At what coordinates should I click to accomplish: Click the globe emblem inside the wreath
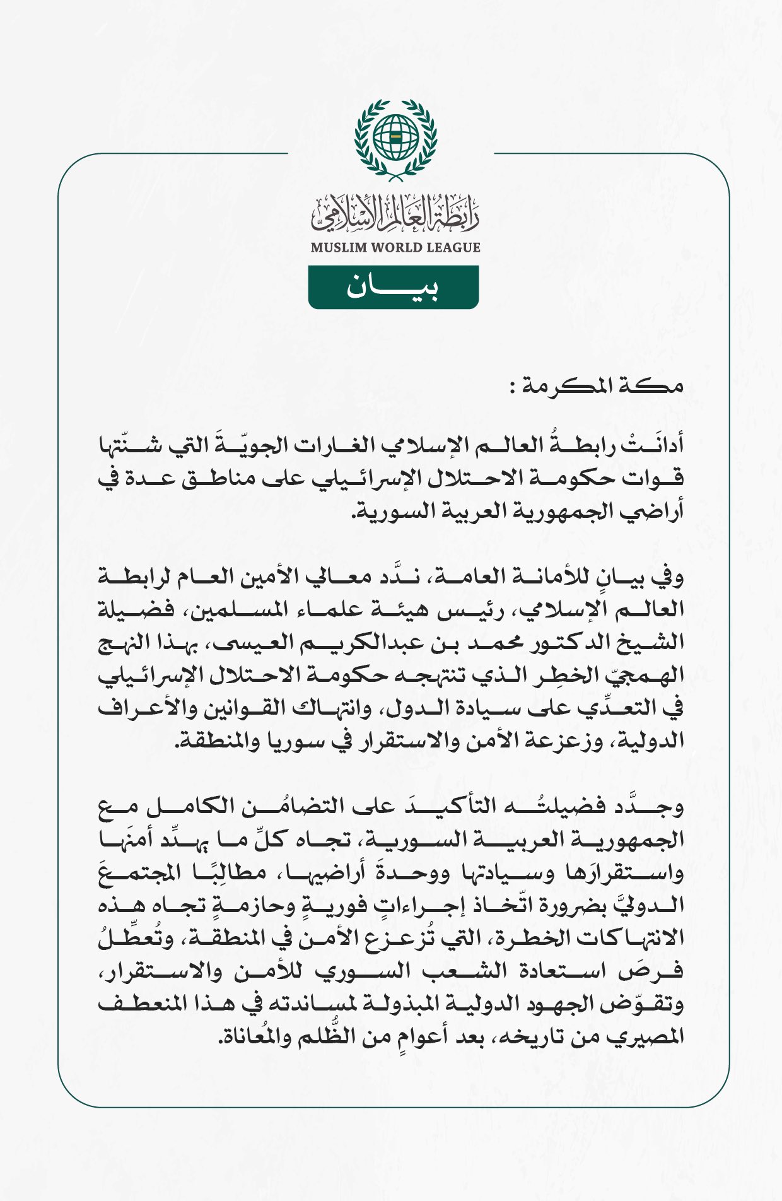pyautogui.click(x=395, y=136)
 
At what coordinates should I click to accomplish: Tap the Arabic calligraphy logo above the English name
pyautogui.click(x=395, y=213)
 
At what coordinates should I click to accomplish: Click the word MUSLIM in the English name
pyautogui.click(x=339, y=247)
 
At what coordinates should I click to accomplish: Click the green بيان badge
pyautogui.click(x=393, y=288)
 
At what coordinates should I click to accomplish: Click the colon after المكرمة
pyautogui.click(x=514, y=387)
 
